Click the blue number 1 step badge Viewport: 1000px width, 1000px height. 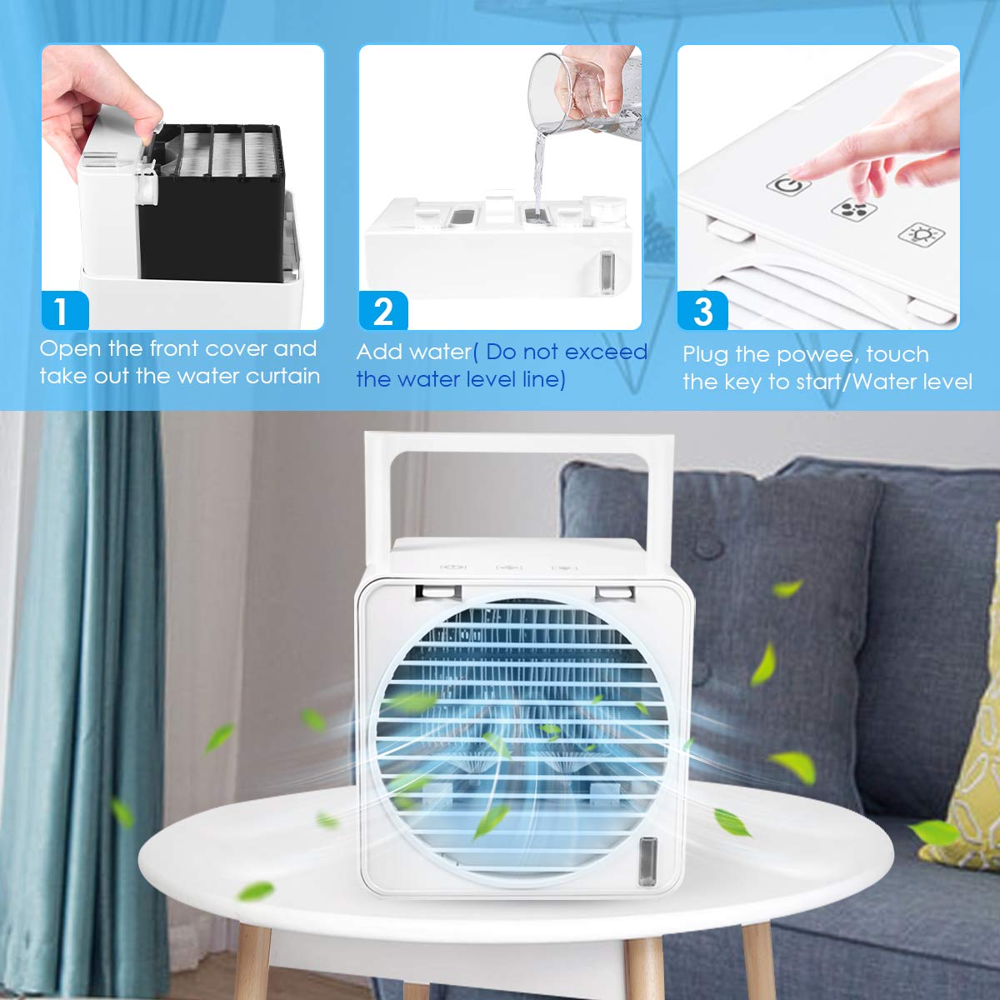pyautogui.click(x=65, y=310)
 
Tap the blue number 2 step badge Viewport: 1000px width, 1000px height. pyautogui.click(x=383, y=310)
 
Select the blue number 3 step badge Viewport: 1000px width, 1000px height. pyautogui.click(x=702, y=310)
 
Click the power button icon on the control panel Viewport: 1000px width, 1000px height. pyautogui.click(x=789, y=185)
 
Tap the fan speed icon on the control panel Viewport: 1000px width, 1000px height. pyautogui.click(x=853, y=208)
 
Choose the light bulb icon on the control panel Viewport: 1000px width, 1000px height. pyautogui.click(x=921, y=234)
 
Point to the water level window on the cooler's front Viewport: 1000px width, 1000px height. pyautogui.click(x=647, y=861)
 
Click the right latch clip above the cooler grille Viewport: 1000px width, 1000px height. pyautogui.click(x=616, y=592)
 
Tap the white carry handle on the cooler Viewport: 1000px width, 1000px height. pyautogui.click(x=519, y=443)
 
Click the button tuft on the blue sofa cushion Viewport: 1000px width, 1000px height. pyautogui.click(x=707, y=547)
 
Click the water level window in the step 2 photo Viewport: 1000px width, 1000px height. pyautogui.click(x=607, y=272)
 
